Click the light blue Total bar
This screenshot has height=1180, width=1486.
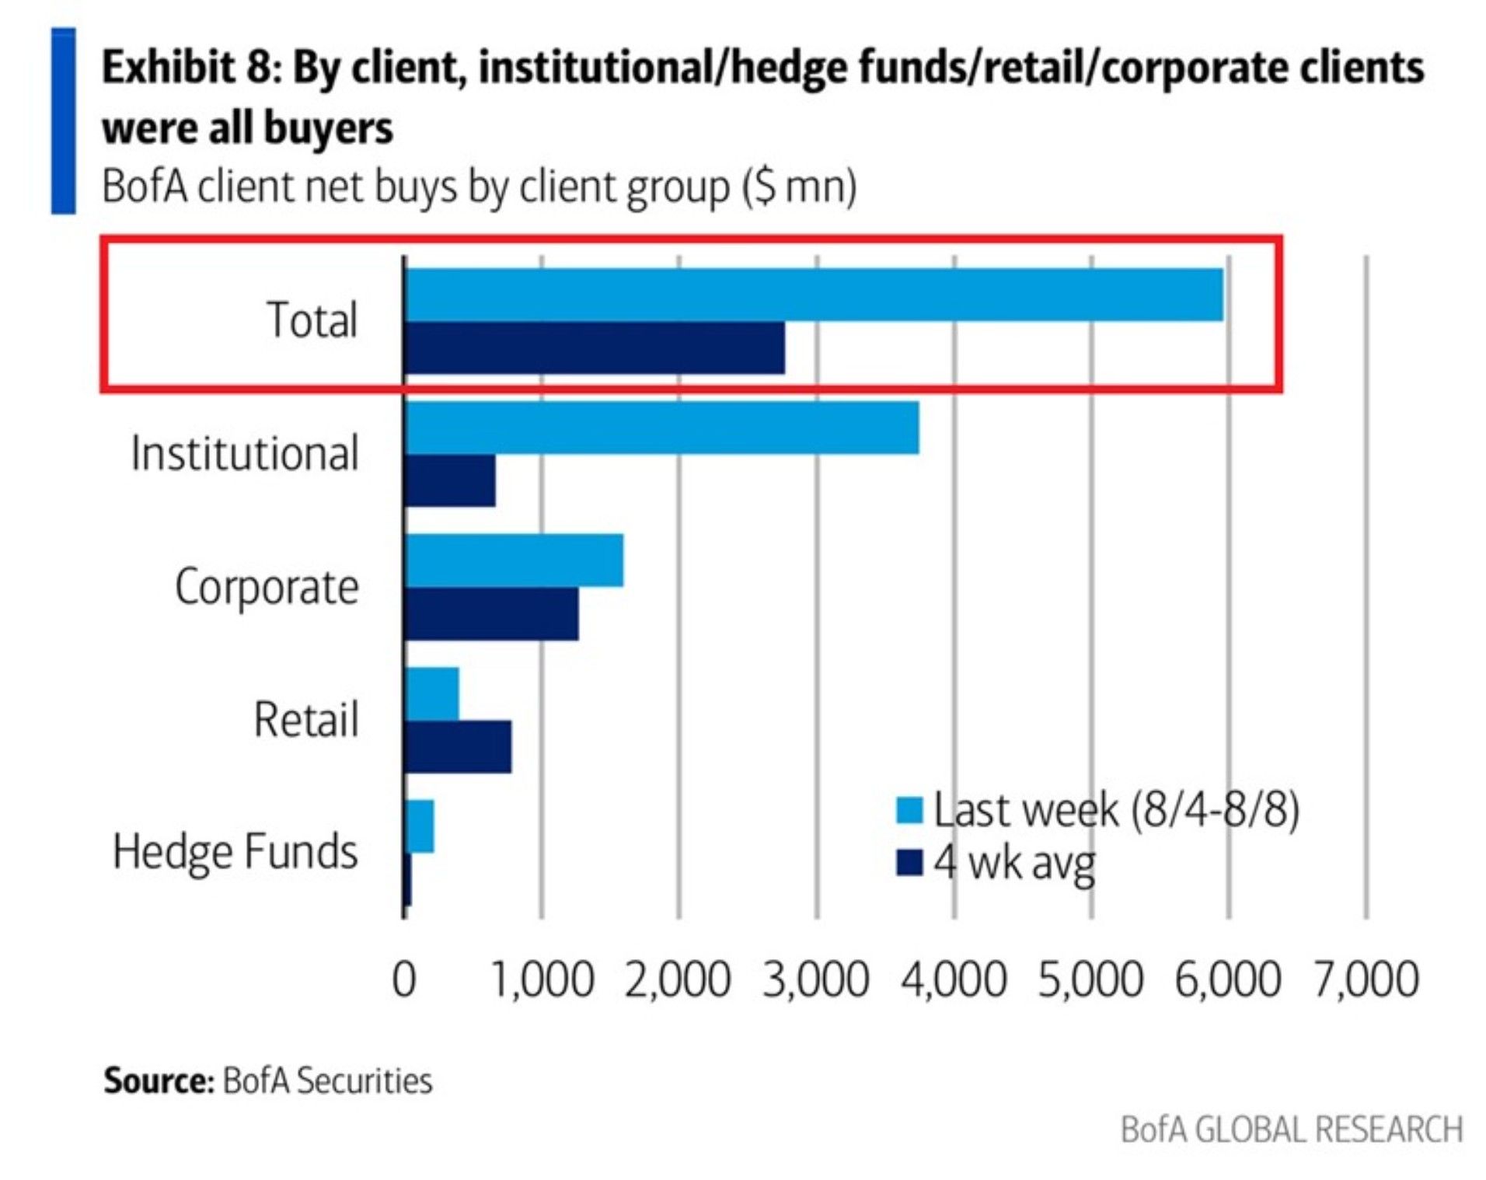[813, 294]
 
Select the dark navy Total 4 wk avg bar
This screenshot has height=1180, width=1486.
[595, 347]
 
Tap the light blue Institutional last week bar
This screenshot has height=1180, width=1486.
[661, 427]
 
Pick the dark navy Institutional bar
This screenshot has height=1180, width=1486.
[450, 480]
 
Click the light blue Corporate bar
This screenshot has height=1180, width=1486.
[514, 560]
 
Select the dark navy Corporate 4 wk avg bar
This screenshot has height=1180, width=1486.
[491, 613]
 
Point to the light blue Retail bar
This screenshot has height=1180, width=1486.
[432, 693]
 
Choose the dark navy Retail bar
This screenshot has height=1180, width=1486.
[458, 746]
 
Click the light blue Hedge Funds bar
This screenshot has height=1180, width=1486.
[420, 826]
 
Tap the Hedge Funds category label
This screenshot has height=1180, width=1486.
[235, 851]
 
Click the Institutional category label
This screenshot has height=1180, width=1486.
[244, 453]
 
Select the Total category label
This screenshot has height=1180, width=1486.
[312, 319]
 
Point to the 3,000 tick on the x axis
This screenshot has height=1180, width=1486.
[815, 979]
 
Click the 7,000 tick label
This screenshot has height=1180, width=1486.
[1366, 979]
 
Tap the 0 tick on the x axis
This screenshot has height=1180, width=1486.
[404, 979]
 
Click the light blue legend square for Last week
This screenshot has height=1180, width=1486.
[909, 810]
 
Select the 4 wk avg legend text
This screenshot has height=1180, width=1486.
[1014, 862]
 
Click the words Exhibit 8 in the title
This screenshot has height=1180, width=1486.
[190, 68]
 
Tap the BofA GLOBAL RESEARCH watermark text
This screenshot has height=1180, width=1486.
[1291, 1129]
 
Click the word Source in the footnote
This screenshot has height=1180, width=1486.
[159, 1081]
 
